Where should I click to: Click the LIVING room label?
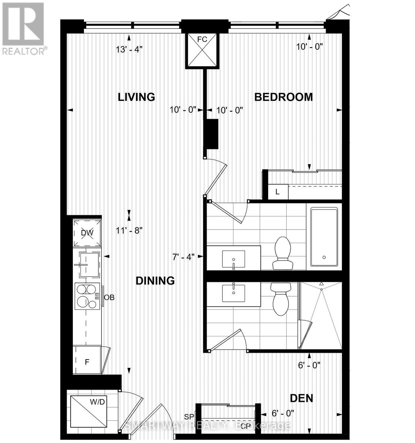click(x=136, y=97)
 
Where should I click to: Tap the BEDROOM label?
click(x=284, y=97)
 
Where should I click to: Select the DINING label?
click(x=155, y=281)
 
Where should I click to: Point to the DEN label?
click(x=301, y=398)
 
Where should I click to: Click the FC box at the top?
click(x=202, y=51)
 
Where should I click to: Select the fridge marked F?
click(x=87, y=362)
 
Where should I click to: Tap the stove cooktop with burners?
click(x=87, y=296)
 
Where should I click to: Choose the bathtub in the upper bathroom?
click(x=324, y=237)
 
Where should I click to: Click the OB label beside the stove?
click(x=109, y=297)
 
